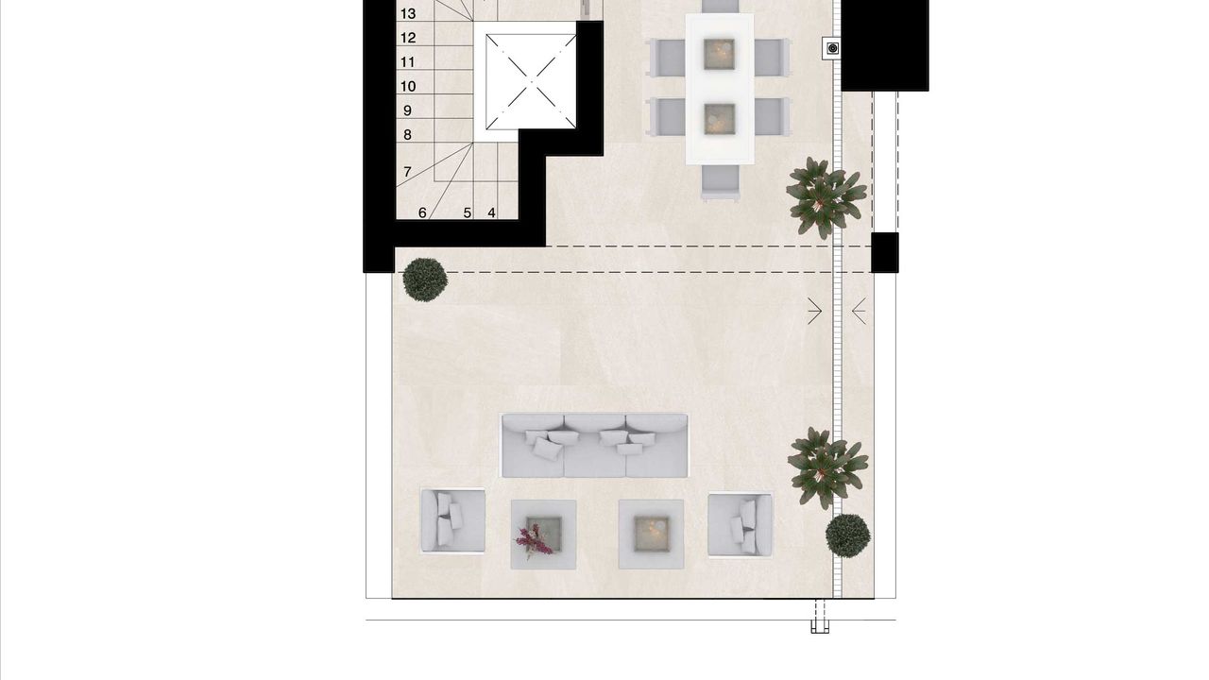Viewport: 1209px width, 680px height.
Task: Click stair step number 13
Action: click(x=408, y=13)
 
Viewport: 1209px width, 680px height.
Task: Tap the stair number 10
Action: click(x=408, y=86)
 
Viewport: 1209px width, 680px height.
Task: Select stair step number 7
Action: click(x=407, y=172)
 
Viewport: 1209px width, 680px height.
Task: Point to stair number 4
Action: click(x=491, y=213)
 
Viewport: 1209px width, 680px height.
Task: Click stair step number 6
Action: click(x=422, y=213)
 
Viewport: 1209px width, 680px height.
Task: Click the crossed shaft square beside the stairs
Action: click(x=531, y=81)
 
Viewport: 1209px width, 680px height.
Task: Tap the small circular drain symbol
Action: click(x=833, y=48)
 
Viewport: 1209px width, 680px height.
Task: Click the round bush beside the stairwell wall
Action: click(x=425, y=280)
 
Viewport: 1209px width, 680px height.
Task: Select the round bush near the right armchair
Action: click(x=848, y=535)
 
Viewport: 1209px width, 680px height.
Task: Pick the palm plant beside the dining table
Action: click(x=825, y=197)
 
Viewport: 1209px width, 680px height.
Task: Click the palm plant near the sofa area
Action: click(x=826, y=467)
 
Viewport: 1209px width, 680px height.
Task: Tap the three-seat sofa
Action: click(x=595, y=446)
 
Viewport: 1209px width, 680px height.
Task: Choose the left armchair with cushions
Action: click(x=452, y=520)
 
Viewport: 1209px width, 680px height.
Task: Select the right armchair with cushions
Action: click(x=740, y=524)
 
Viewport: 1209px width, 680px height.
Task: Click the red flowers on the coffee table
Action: click(x=534, y=541)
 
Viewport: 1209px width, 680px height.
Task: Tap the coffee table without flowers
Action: click(x=651, y=534)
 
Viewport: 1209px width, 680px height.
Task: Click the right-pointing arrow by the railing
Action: click(x=814, y=311)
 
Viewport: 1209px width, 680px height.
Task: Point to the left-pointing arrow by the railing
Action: click(x=860, y=311)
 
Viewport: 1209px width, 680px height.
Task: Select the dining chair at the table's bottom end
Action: click(x=721, y=183)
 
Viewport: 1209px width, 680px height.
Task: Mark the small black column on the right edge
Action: click(x=885, y=252)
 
